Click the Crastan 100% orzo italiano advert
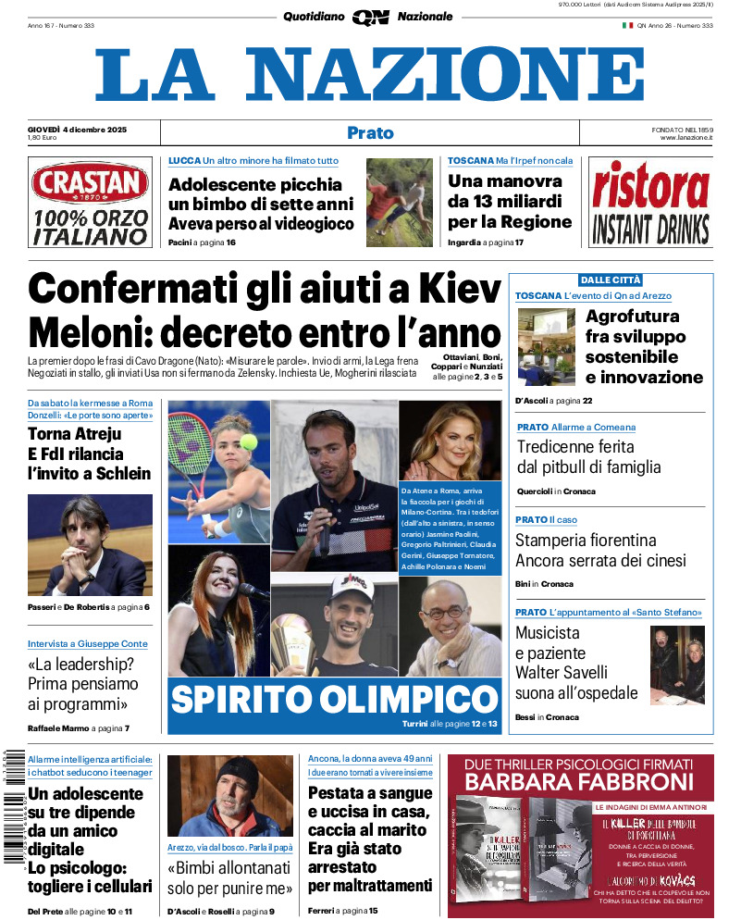pos(90,203)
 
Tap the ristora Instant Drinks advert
pos(650,203)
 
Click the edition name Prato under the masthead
pos(370,132)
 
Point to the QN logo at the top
pos(369,17)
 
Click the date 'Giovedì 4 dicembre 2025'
pos(77,128)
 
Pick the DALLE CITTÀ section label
pos(610,280)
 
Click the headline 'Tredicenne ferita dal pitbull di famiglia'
pos(587,456)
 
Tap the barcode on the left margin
pos(12,806)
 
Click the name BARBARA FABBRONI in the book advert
pos(579,783)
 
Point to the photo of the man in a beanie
pos(229,795)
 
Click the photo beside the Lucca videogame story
pos(399,203)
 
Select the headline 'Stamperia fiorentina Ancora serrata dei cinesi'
pos(600,550)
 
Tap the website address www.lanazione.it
pos(685,138)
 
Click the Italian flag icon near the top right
pos(627,25)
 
